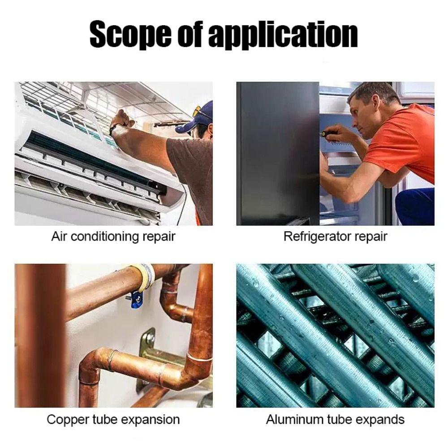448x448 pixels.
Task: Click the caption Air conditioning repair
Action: [113, 236]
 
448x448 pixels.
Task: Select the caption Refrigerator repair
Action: [335, 236]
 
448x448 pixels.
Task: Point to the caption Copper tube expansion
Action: [113, 420]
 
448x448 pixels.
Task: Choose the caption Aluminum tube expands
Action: [335, 420]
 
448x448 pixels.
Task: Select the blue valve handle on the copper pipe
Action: [136, 299]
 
